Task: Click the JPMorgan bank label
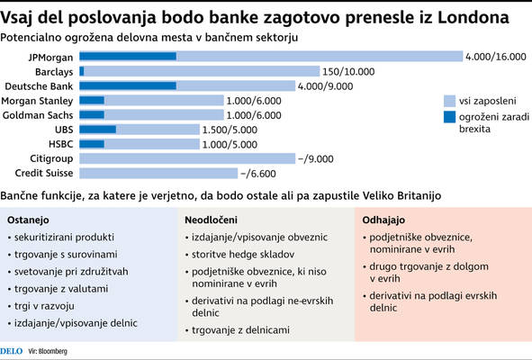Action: (50, 58)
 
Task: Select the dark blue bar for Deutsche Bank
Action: (128, 85)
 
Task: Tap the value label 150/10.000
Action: (348, 72)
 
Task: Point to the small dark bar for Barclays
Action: (82, 71)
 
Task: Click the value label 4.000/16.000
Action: (496, 57)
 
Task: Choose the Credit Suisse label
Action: (44, 173)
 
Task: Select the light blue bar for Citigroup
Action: (187, 158)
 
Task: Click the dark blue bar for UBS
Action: (98, 130)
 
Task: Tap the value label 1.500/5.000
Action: (230, 130)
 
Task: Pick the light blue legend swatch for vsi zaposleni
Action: (449, 101)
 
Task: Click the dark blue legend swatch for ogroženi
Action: (449, 117)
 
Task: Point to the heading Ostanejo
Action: (28, 220)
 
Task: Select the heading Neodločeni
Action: (211, 220)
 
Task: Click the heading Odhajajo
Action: (383, 220)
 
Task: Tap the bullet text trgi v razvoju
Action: (44, 306)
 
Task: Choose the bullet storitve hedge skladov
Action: (243, 255)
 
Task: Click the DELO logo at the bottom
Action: (12, 351)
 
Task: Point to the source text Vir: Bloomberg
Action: (48, 351)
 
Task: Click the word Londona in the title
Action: (473, 18)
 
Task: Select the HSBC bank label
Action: (60, 144)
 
